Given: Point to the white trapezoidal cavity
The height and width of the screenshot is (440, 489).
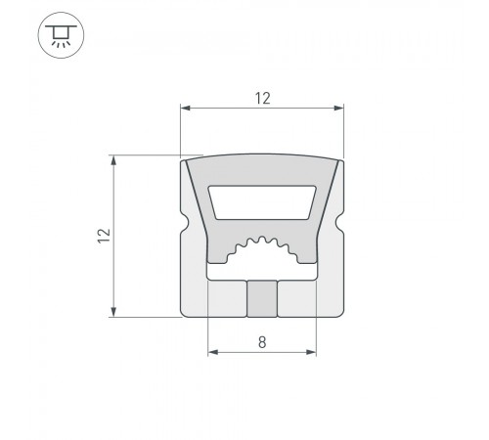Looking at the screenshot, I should tap(262, 202).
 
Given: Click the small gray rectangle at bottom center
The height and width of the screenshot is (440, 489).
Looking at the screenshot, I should tap(262, 299).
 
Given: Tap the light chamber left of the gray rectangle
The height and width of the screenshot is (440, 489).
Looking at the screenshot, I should tap(227, 298).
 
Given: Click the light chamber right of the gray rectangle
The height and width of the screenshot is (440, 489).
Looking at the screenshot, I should tap(297, 298).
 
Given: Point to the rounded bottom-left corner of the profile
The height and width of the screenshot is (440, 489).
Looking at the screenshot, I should tap(186, 313).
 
